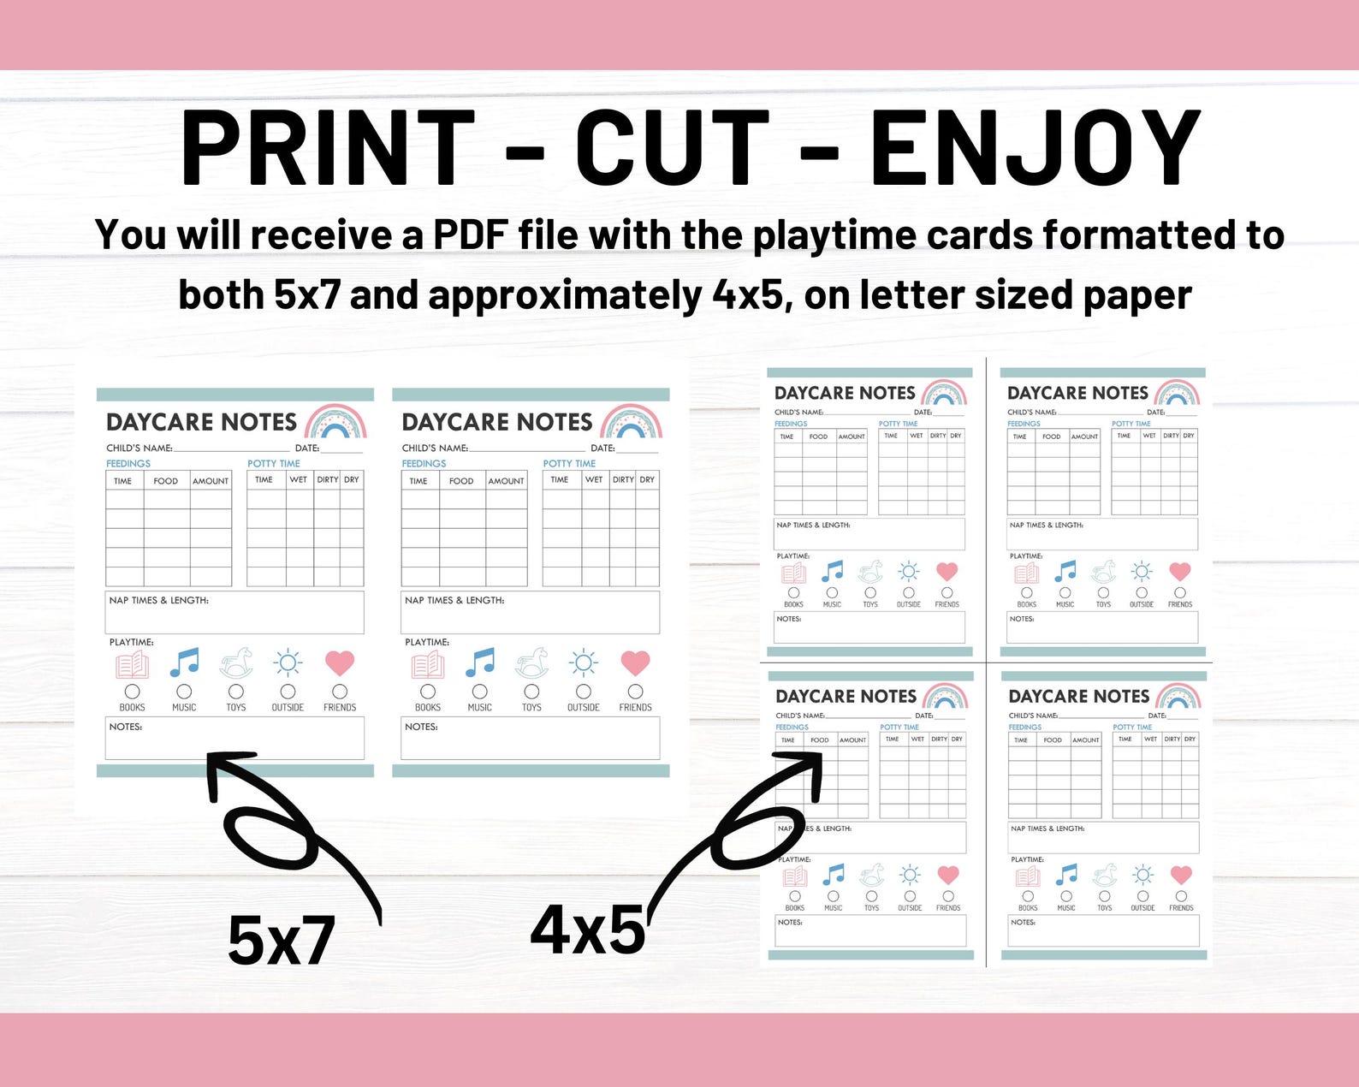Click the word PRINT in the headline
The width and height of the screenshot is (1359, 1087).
tap(329, 147)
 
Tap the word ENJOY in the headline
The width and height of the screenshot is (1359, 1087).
tap(1036, 147)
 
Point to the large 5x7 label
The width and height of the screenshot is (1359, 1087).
tap(281, 941)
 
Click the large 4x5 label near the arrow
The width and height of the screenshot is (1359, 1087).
tap(588, 930)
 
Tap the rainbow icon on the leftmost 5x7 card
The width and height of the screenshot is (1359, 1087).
tap(335, 421)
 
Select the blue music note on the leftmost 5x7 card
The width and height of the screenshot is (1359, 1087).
tap(184, 662)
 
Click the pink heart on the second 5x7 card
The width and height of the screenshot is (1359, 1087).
tap(635, 662)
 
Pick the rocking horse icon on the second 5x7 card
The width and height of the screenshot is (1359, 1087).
tap(531, 663)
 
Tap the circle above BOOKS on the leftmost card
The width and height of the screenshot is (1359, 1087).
tap(132, 691)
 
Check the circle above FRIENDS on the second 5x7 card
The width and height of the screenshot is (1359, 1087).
tap(635, 691)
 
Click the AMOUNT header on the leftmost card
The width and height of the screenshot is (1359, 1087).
tap(211, 481)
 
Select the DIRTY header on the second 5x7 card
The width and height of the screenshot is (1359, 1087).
tap(623, 479)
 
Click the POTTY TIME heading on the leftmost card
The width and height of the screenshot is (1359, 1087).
tap(274, 463)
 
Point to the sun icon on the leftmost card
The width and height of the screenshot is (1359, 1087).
tap(288, 662)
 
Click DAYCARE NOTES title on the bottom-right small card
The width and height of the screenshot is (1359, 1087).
tap(1078, 696)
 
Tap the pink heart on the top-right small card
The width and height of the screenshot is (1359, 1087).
tap(1180, 571)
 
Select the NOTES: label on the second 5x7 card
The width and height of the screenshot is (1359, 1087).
tap(421, 727)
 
